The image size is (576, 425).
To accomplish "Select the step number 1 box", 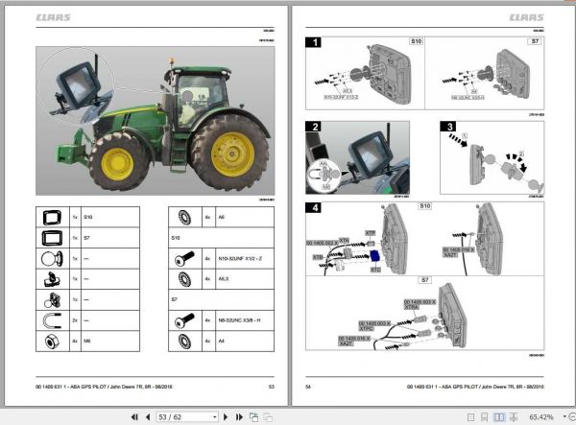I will click(x=314, y=43).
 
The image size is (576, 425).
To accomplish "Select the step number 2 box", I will click(x=314, y=128).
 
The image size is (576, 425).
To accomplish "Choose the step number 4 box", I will click(x=314, y=208).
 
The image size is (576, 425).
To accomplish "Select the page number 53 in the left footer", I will click(x=272, y=386).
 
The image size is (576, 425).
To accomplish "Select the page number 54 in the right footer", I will click(x=308, y=386).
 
